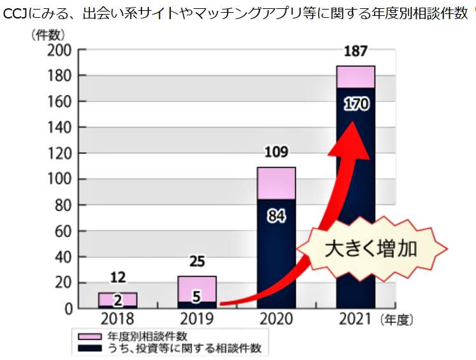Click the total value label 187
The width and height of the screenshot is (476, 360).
(356, 52)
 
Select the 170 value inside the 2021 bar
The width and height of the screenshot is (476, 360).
(356, 103)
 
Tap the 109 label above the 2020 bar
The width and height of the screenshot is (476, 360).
(276, 152)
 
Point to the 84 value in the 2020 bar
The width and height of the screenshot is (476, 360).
(276, 216)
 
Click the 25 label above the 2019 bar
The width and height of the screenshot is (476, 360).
(197, 261)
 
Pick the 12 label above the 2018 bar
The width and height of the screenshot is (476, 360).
(118, 277)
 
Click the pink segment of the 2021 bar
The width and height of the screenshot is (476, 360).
(356, 76)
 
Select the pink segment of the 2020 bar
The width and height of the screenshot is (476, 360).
(276, 183)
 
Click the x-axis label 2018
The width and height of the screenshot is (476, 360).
(118, 319)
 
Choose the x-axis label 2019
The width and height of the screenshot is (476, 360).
(197, 319)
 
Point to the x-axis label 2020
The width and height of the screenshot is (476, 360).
(276, 319)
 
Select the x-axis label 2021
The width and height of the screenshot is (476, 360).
(356, 319)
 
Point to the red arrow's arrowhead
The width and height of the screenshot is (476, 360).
(349, 131)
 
